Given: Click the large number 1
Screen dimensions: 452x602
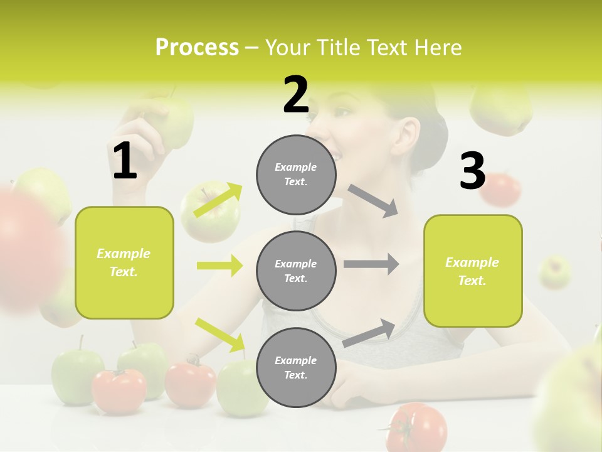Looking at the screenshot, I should click(x=125, y=161).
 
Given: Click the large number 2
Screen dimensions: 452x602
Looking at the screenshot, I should click(x=296, y=95).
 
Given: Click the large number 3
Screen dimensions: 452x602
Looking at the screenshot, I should click(x=472, y=171).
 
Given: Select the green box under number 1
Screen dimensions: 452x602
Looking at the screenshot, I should click(x=124, y=262).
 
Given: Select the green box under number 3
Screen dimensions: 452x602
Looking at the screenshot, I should click(x=473, y=271).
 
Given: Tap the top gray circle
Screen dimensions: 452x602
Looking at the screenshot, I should click(x=296, y=175).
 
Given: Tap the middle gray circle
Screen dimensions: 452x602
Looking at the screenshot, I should click(x=296, y=271).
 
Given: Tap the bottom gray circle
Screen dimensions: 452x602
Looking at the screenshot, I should click(x=296, y=367).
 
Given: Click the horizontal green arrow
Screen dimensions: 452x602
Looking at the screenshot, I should click(x=219, y=266).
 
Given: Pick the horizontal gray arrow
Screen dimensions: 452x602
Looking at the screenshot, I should click(x=371, y=265).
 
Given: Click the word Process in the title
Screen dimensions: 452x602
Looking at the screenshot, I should click(x=197, y=47).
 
